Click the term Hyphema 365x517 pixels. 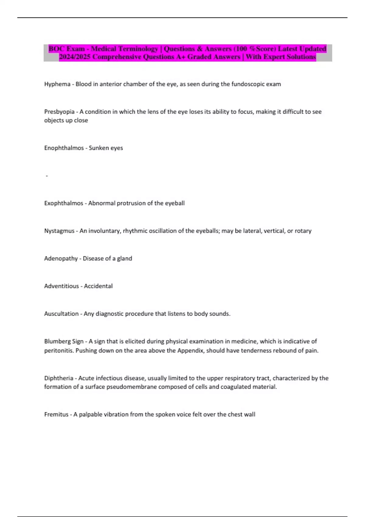click(x=57, y=84)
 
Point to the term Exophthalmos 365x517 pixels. click(x=64, y=203)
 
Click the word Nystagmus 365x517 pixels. click(x=59, y=231)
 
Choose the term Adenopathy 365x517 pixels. click(x=61, y=258)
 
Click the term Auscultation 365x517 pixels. click(x=61, y=314)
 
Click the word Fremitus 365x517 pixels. click(x=56, y=415)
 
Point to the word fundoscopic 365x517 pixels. click(x=248, y=84)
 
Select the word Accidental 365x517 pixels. click(x=98, y=286)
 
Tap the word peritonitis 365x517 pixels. click(x=59, y=351)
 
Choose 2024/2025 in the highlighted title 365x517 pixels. click(x=75, y=57)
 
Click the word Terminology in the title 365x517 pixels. click(x=138, y=49)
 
